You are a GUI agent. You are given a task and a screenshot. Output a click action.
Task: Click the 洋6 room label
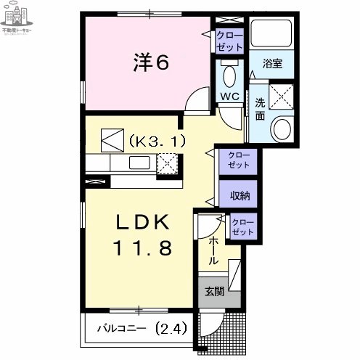point(150,63)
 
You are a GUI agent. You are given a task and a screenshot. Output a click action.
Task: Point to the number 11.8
point(142,249)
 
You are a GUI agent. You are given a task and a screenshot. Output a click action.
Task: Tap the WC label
point(230,97)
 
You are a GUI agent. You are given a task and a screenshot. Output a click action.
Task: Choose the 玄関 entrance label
point(213,292)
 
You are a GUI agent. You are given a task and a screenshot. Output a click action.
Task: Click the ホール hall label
point(214,250)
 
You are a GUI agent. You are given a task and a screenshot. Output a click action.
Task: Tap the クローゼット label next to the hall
point(243,227)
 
